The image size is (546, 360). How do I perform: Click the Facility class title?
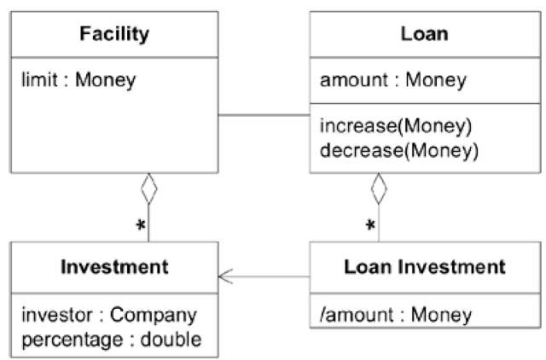tap(114, 34)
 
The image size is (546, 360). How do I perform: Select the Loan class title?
tap(425, 34)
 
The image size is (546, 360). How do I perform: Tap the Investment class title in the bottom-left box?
tap(114, 267)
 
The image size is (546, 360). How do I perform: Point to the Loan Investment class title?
tap(425, 267)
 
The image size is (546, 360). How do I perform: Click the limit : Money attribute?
tap(78, 80)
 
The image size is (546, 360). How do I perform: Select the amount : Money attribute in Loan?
tap(393, 80)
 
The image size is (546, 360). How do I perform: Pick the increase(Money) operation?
tap(396, 125)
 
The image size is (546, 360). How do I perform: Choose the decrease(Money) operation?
tap(399, 151)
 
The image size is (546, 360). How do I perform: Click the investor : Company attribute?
tap(109, 316)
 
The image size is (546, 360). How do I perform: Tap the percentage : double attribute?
tap(112, 340)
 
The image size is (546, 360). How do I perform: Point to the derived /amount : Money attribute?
tap(396, 315)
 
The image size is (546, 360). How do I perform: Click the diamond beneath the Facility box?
tap(149, 189)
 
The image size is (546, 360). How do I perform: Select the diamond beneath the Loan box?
tap(379, 189)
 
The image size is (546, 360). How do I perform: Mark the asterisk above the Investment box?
tap(141, 225)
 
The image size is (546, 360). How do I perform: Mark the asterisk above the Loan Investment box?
tap(370, 225)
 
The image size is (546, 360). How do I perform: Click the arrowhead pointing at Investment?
tap(225, 276)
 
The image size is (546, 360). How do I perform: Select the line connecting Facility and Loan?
tap(264, 114)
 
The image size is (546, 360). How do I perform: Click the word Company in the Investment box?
tap(154, 316)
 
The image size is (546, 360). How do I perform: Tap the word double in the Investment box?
tap(171, 340)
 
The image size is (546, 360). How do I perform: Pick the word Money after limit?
tap(106, 80)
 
